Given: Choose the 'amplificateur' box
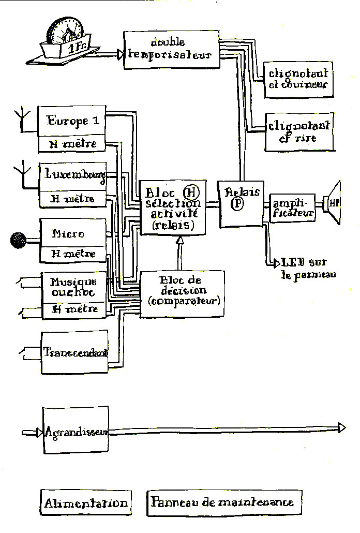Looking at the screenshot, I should (x=292, y=208).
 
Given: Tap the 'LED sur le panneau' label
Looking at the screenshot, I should (x=308, y=268).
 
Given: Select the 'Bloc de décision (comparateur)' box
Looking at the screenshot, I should (x=183, y=292).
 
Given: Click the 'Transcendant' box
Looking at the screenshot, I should (x=75, y=352).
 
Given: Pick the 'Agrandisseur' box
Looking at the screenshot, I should (x=76, y=432).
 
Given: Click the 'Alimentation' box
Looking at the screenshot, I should (x=86, y=502).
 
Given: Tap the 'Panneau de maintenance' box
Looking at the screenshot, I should (x=223, y=502).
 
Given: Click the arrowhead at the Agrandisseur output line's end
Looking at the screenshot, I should (x=341, y=427).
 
